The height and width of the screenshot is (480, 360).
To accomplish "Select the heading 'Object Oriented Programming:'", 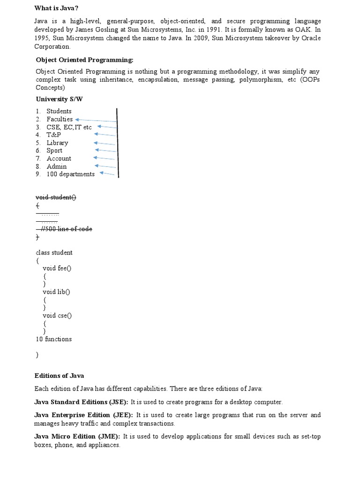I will [85, 60].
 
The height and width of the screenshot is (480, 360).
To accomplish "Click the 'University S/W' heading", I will [60, 99].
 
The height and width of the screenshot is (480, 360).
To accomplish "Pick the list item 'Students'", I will [59, 111].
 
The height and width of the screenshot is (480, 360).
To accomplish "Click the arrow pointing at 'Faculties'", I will [96, 120].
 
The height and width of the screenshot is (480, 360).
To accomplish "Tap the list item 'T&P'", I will [54, 135].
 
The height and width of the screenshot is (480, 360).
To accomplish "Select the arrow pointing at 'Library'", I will [105, 143].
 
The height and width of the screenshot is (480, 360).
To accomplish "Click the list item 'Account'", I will [59, 158].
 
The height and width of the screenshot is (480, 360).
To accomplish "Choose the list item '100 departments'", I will [70, 174].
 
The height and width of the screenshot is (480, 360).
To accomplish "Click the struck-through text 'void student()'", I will [56, 197].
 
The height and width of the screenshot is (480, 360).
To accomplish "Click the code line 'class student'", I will [54, 253].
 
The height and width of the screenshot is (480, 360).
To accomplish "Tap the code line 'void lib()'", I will [56, 292].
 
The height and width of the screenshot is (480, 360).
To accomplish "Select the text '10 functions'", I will [54, 339].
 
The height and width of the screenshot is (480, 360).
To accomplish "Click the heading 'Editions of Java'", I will [59, 375].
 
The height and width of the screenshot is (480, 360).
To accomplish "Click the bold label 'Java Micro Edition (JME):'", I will [77, 436].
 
